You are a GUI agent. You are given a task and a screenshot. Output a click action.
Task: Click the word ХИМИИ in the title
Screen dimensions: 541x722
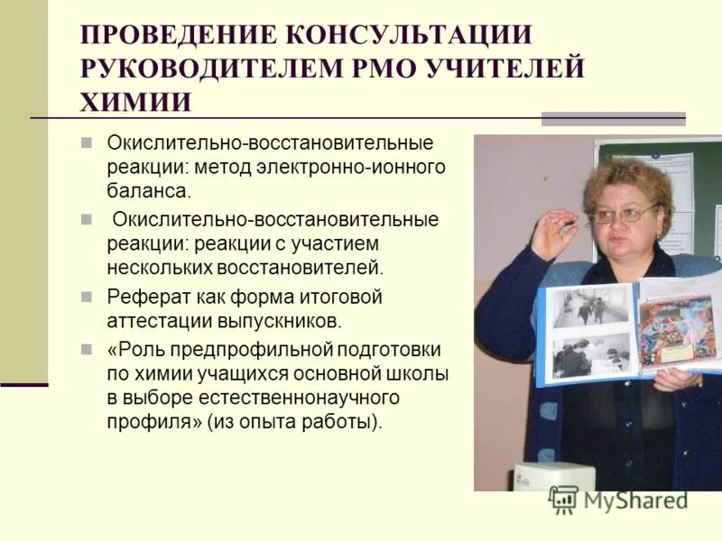(135, 101)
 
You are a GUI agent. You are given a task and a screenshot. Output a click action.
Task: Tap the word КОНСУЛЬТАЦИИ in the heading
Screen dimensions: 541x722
(407, 36)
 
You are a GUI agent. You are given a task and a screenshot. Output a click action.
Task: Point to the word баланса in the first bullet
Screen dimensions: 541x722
(149, 191)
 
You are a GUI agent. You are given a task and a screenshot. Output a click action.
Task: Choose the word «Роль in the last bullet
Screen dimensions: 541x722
(136, 349)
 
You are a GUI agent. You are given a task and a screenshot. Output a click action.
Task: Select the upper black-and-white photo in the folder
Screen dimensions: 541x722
(592, 307)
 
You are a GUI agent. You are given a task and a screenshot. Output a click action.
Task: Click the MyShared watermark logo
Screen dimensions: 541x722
(618, 500)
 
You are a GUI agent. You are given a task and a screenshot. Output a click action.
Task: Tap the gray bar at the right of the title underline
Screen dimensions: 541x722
(613, 118)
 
